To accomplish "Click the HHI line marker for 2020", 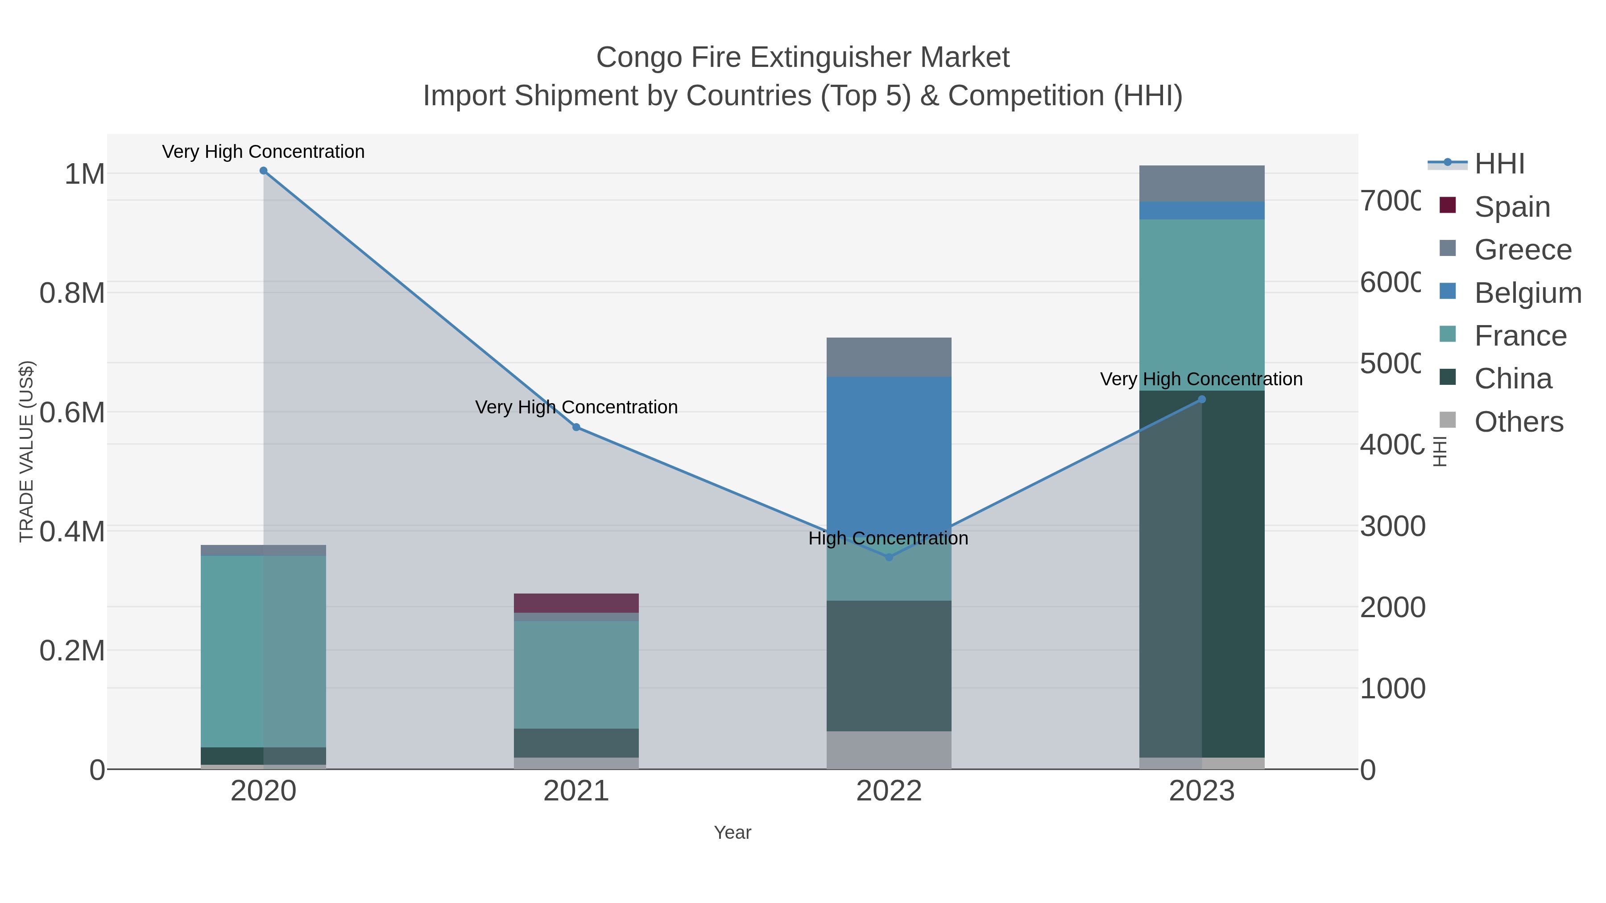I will [x=263, y=171].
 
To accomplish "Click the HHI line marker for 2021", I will [x=576, y=428].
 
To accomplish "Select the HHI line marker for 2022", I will [x=889, y=557].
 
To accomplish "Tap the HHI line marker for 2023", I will [x=1202, y=400].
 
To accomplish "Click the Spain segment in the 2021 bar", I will [x=576, y=602].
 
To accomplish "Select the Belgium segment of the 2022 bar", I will [x=889, y=449].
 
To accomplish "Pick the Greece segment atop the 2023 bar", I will [x=1202, y=183].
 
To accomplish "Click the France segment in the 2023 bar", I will [x=1202, y=304].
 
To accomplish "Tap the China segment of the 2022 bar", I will [x=889, y=666].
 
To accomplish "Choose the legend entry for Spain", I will [x=1511, y=206].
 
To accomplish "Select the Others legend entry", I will [x=1518, y=422].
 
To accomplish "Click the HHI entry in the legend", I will [x=1499, y=163].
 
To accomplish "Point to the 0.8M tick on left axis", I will [x=72, y=293].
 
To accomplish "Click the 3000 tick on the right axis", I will [x=1391, y=527].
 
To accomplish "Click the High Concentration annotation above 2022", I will [x=888, y=538].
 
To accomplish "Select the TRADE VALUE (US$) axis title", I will [x=26, y=451].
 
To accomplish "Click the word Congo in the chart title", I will [x=638, y=58].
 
